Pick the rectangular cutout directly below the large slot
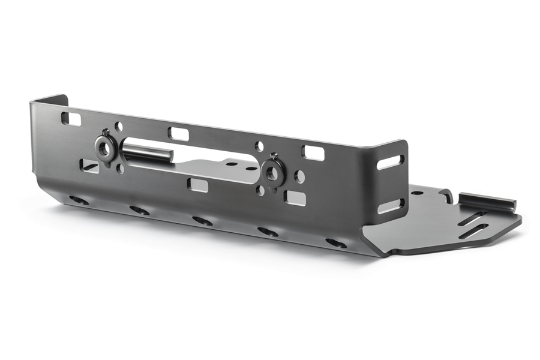(x=197, y=185)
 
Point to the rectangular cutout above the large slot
(x=178, y=133)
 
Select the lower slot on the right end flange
(x=390, y=206)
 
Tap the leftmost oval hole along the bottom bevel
(x=79, y=200)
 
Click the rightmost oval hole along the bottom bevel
(x=336, y=243)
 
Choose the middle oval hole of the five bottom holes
(x=202, y=221)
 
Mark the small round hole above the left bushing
(x=119, y=127)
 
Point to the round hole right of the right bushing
(x=299, y=176)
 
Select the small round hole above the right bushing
(x=259, y=146)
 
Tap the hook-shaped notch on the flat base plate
(x=446, y=196)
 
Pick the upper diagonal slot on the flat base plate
(x=473, y=218)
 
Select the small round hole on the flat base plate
(x=415, y=194)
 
